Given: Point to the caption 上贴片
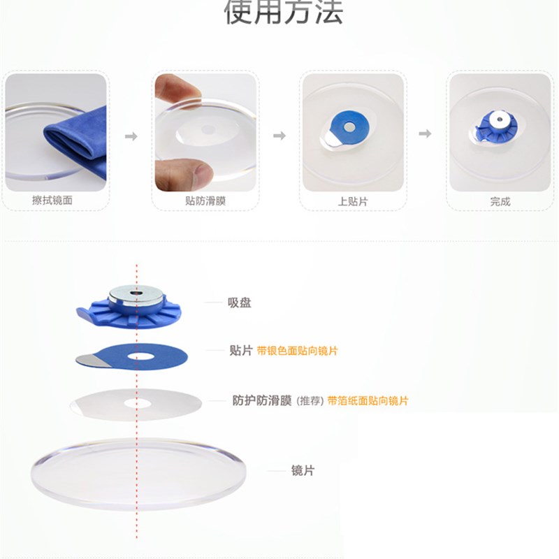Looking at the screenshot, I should pyautogui.click(x=353, y=201).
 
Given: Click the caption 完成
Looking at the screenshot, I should pyautogui.click(x=500, y=201).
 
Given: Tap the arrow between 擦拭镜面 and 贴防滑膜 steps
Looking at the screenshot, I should pyautogui.click(x=131, y=136).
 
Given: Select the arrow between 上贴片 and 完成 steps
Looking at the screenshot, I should pyautogui.click(x=425, y=133).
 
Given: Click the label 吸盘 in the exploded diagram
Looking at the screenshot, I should pyautogui.click(x=239, y=303).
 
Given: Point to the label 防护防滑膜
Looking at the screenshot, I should pyautogui.click(x=262, y=400).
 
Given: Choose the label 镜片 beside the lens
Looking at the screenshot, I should pyautogui.click(x=303, y=470).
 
